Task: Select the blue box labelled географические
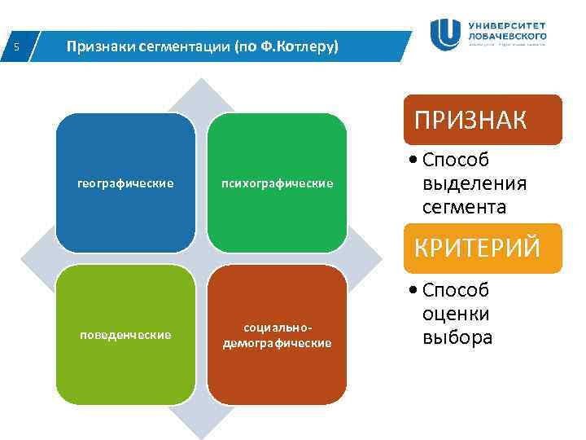(x=125, y=183)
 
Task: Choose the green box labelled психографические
(x=278, y=183)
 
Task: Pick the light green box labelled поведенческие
(x=125, y=335)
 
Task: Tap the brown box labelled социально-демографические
(x=278, y=335)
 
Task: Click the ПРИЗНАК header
(x=470, y=121)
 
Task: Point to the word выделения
(x=474, y=183)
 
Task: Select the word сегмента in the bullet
(x=464, y=207)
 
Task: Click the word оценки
(x=457, y=314)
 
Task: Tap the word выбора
(x=457, y=337)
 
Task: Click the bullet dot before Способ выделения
(x=415, y=161)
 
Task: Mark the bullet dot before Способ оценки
(x=415, y=291)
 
